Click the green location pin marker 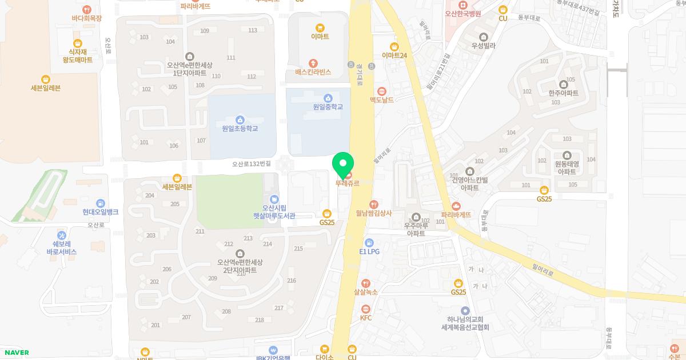pyautogui.click(x=342, y=165)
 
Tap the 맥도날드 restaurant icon pyautogui.click(x=382, y=91)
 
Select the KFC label pyautogui.click(x=366, y=318)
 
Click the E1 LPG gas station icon pyautogui.click(x=369, y=243)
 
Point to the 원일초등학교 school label pyautogui.click(x=240, y=129)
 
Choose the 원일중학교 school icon pyautogui.click(x=328, y=98)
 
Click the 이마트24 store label pyautogui.click(x=394, y=55)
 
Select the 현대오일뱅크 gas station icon pyautogui.click(x=101, y=203)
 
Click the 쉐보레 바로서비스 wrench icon pyautogui.click(x=62, y=235)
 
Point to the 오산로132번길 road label pyautogui.click(x=252, y=164)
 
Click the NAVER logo pyautogui.click(x=15, y=353)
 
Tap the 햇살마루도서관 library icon pyautogui.click(x=274, y=199)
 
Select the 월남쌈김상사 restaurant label pyautogui.click(x=374, y=213)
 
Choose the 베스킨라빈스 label pyautogui.click(x=313, y=72)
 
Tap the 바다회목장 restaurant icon pyautogui.click(x=86, y=9)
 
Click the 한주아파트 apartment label pyautogui.click(x=563, y=93)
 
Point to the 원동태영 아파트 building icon pyautogui.click(x=567, y=155)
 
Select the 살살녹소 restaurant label pyautogui.click(x=366, y=292)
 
